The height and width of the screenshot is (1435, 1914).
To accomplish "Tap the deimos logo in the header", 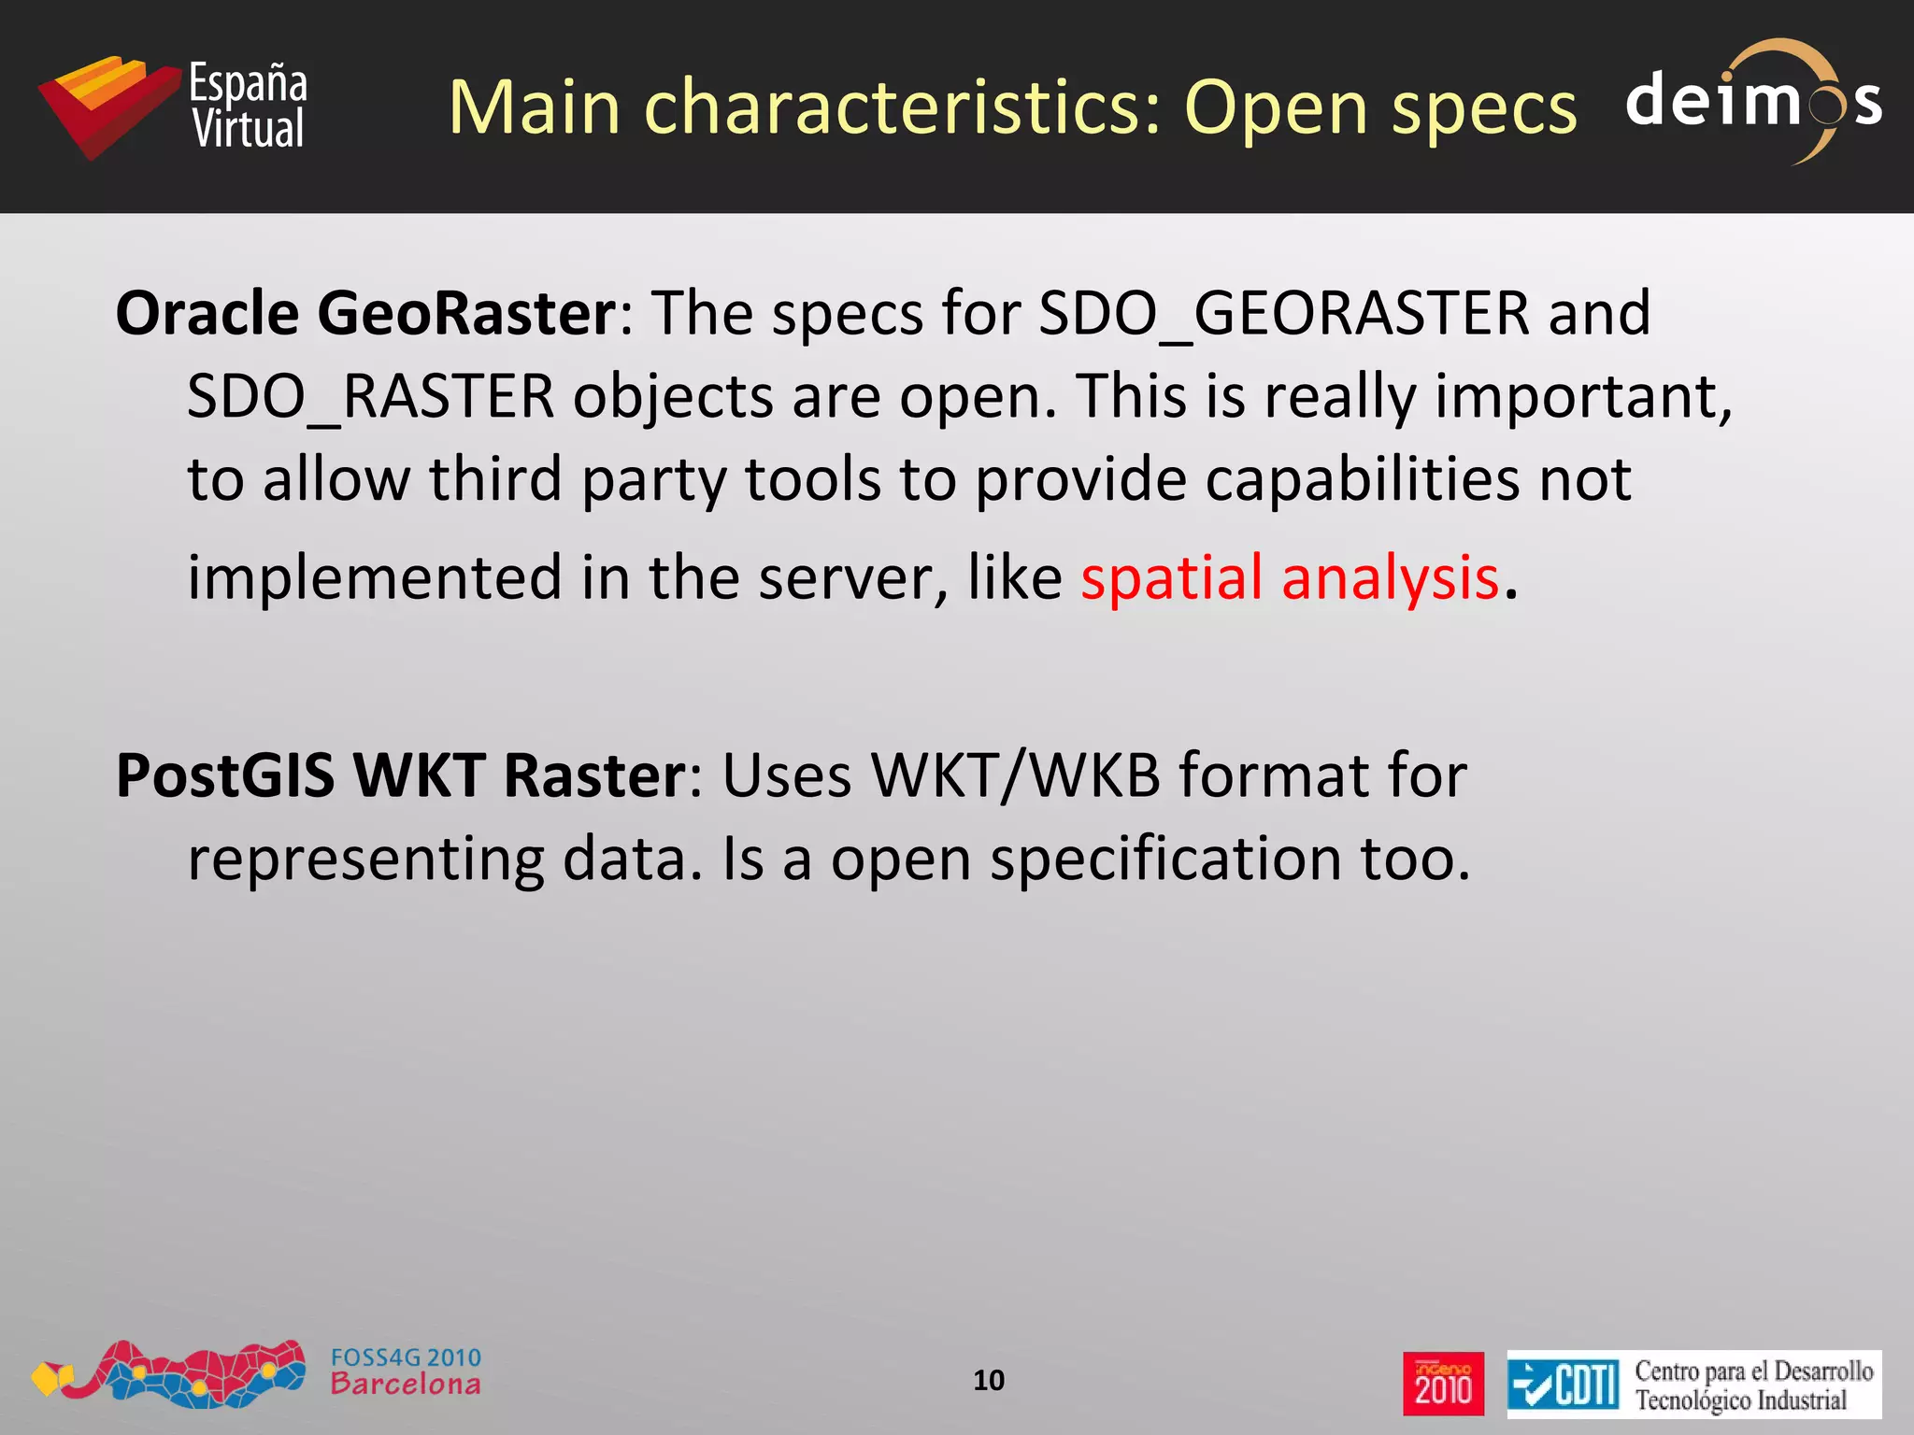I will click(x=1753, y=101).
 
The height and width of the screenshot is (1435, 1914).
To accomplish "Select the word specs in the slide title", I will click(x=1484, y=108).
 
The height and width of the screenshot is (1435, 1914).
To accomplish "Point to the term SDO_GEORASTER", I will click(x=1284, y=314).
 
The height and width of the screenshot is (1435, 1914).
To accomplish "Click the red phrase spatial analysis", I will click(x=1290, y=577).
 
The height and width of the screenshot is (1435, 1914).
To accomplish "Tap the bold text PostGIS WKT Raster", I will click(x=401, y=775).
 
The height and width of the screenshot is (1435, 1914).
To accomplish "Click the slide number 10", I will click(x=989, y=1380).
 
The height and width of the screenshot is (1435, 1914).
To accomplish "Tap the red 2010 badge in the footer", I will click(x=1443, y=1384).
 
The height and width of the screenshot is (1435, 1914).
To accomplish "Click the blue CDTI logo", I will click(x=1563, y=1384).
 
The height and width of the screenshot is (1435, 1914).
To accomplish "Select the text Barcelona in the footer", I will click(x=406, y=1385).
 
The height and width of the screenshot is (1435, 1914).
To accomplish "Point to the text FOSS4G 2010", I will click(x=406, y=1357).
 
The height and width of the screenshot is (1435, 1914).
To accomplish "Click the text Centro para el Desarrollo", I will click(x=1753, y=1371).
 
